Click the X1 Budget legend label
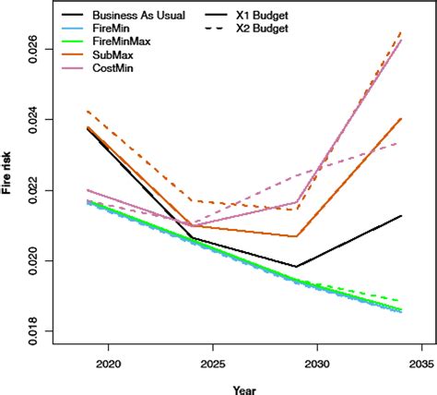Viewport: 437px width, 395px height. click(267, 16)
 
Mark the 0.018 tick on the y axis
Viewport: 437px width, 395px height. click(34, 331)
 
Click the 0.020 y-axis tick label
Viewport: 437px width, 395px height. click(34, 260)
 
